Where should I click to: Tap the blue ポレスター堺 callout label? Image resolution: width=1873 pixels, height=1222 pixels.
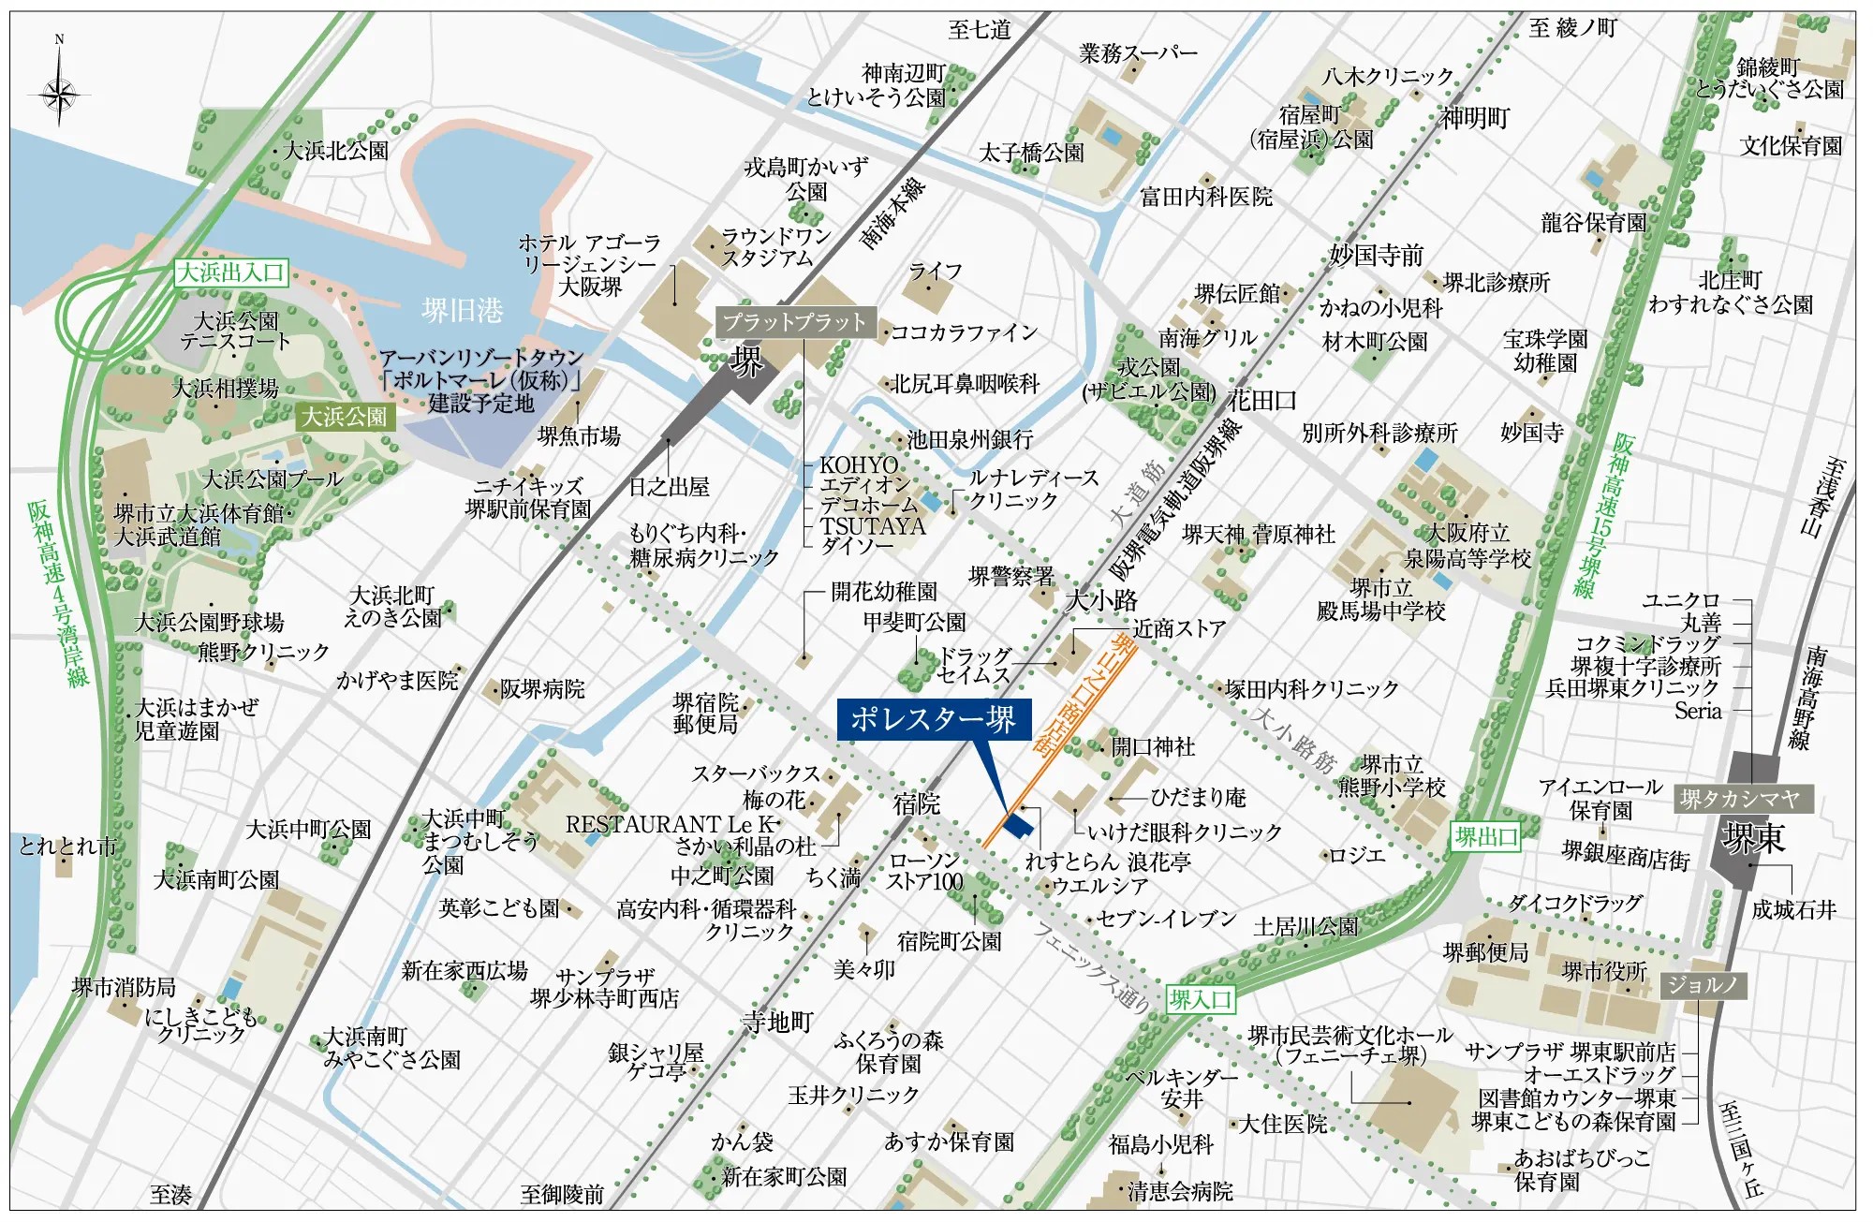click(933, 719)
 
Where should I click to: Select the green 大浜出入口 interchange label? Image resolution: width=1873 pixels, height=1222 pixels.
click(231, 272)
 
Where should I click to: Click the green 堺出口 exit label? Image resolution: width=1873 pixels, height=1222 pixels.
click(1485, 836)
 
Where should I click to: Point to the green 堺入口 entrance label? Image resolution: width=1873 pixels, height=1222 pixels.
click(1200, 999)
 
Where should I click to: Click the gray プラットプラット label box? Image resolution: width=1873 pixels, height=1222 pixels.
click(795, 322)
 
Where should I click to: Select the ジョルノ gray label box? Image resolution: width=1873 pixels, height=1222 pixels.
click(1703, 985)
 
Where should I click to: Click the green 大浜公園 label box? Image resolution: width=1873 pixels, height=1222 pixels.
click(345, 417)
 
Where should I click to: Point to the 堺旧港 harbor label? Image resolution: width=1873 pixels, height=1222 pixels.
click(462, 310)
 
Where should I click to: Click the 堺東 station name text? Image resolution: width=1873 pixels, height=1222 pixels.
click(1754, 838)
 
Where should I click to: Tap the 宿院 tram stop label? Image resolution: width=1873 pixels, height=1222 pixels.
click(916, 803)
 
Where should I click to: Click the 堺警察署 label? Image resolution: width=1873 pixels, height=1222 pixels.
click(1010, 577)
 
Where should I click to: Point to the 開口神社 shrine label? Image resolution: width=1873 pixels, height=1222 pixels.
click(1153, 747)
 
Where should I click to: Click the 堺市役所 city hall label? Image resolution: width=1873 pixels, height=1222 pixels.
click(1604, 972)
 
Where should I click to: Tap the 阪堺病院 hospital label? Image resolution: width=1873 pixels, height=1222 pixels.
click(542, 689)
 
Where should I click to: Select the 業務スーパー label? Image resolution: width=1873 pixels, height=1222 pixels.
click(1138, 53)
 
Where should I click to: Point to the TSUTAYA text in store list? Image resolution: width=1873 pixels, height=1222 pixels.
click(873, 526)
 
